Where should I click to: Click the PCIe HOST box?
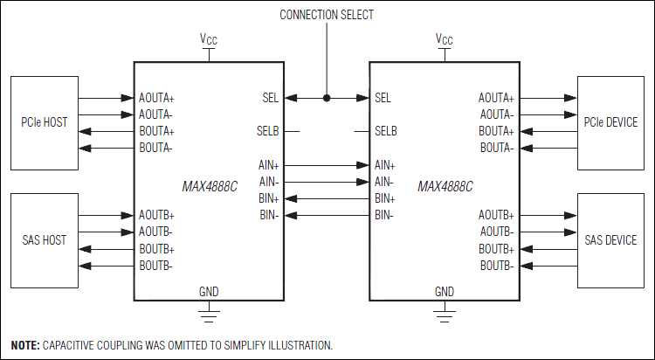coord(43,122)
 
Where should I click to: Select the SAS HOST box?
coord(43,239)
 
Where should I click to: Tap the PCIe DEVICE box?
coord(610,122)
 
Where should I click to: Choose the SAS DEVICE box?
coord(610,239)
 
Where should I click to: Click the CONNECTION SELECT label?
coord(327,15)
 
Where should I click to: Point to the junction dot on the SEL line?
coord(327,98)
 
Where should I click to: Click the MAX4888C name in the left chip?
coord(210,187)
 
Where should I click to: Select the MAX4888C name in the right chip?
coord(445,187)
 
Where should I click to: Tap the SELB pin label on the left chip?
coord(268,131)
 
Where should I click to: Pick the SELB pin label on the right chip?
coord(385,131)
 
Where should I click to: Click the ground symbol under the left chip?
coord(209,308)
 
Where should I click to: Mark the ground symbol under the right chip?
coord(445,308)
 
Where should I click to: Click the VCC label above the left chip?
coord(209,39)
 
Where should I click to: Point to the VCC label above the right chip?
coord(445,39)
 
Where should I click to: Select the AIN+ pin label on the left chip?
coord(267,165)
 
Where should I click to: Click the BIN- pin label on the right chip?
coord(384,215)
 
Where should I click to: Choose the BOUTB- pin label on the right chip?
coord(496,265)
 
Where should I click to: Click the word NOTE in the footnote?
coord(24,345)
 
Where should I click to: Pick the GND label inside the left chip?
coord(209,291)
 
